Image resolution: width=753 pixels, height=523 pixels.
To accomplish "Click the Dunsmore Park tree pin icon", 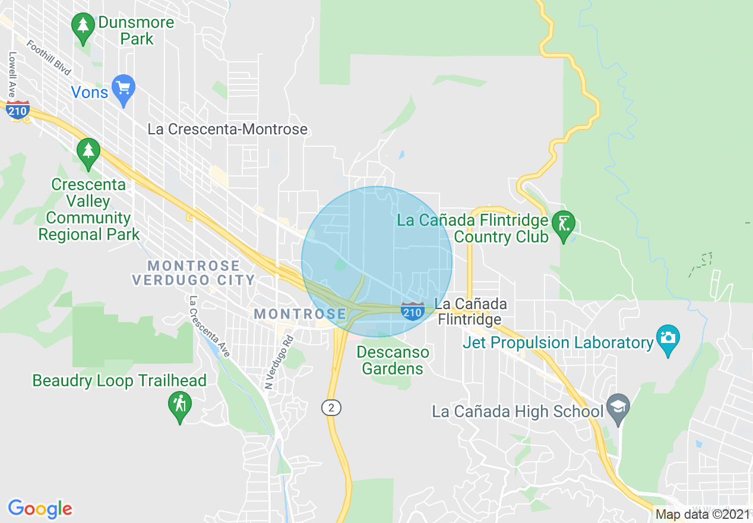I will (x=83, y=27).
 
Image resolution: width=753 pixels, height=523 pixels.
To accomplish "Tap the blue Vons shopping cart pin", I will (x=124, y=89).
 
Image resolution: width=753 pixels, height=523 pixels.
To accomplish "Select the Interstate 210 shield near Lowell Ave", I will (x=18, y=111).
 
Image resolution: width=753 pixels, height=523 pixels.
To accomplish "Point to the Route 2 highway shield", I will (x=332, y=408).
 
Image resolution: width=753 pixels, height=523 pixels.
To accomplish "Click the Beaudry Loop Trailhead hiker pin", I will (x=180, y=406).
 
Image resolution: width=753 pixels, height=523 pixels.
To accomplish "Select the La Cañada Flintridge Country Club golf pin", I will (x=563, y=225).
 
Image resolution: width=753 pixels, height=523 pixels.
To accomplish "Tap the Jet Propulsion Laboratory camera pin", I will (x=668, y=339).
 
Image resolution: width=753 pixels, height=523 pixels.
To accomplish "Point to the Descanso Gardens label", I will (x=393, y=360).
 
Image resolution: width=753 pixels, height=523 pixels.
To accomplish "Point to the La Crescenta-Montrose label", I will (x=227, y=129).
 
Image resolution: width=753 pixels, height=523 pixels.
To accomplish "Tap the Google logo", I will (x=40, y=509).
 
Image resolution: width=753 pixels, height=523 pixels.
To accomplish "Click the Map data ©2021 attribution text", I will (x=703, y=515).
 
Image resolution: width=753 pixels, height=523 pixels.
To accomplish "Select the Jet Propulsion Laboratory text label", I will (x=558, y=343).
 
